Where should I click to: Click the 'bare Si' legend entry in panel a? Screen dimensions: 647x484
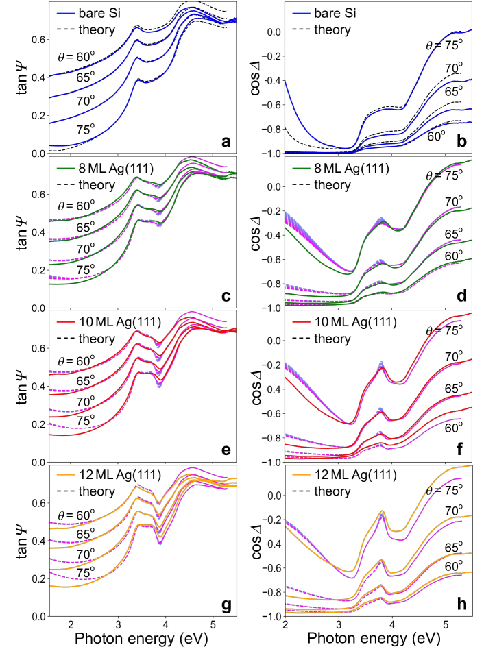(x=93, y=14)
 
